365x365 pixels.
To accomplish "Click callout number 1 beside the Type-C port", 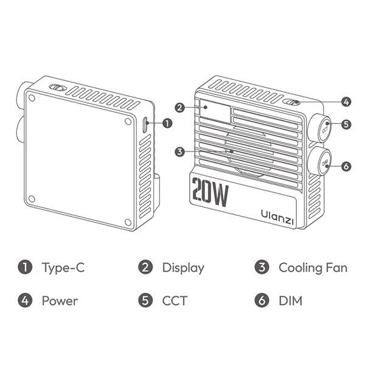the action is pyautogui.click(x=167, y=123).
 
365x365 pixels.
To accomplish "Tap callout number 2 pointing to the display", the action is pyautogui.click(x=179, y=108).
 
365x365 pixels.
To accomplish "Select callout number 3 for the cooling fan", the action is pyautogui.click(x=179, y=152).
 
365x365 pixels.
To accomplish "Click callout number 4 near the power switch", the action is pyautogui.click(x=346, y=102).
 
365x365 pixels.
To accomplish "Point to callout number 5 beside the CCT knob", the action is pyautogui.click(x=346, y=124).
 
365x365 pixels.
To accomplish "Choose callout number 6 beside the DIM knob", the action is pyautogui.click(x=346, y=166).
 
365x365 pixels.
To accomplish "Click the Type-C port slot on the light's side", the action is pyautogui.click(x=145, y=125).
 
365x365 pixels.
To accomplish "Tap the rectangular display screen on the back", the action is pyautogui.click(x=215, y=111).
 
